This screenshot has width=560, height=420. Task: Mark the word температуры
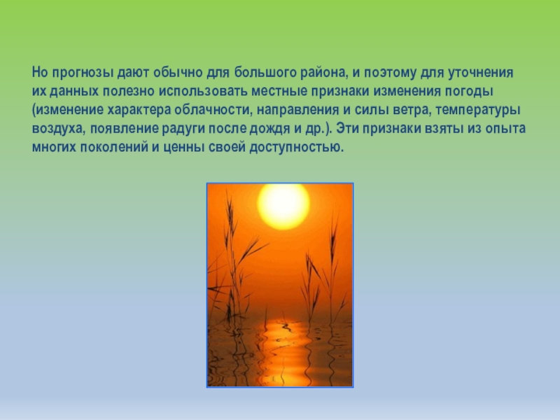[481, 111]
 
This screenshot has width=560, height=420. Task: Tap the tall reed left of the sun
[227, 252]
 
